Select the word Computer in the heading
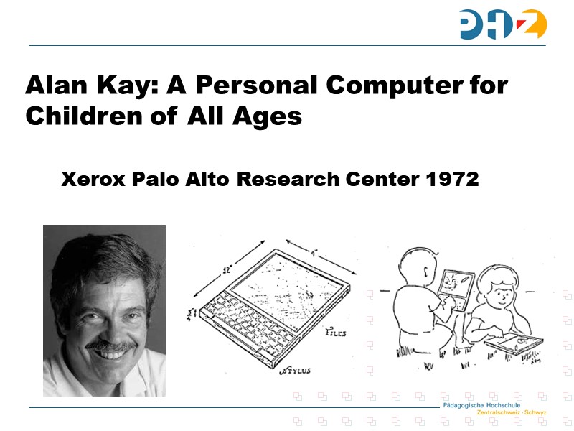pos(391,85)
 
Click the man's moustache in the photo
pos(110,346)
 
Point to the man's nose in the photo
pos(109,330)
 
